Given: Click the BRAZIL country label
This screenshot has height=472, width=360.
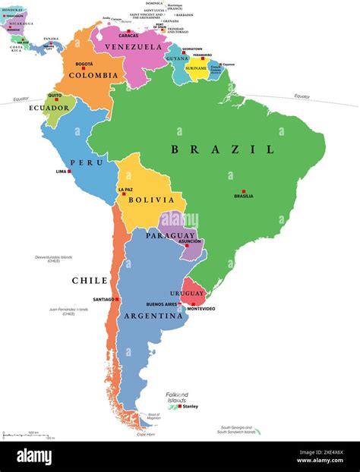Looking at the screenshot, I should coord(223,149).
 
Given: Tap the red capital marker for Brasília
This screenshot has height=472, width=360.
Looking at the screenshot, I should coord(243,190).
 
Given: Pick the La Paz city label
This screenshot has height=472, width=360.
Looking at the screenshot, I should coord(126,189).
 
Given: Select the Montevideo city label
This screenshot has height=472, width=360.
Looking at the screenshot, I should coord(201,309).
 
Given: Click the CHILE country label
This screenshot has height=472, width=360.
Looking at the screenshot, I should coord(90,280).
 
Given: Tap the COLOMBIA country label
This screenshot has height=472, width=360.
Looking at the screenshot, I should coord(93,75).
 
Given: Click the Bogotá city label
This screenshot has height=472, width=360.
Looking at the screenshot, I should coord(84,65).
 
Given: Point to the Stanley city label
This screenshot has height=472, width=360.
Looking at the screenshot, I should coord(191,406).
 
